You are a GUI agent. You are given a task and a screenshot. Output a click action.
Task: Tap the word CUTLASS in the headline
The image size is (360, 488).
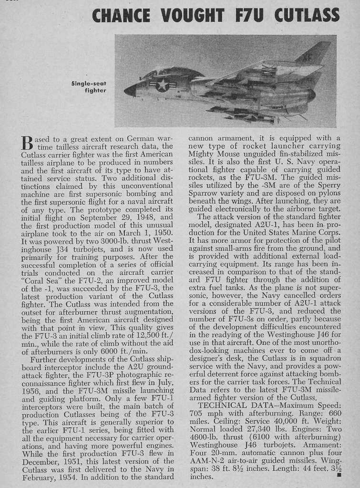[x=307, y=16]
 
